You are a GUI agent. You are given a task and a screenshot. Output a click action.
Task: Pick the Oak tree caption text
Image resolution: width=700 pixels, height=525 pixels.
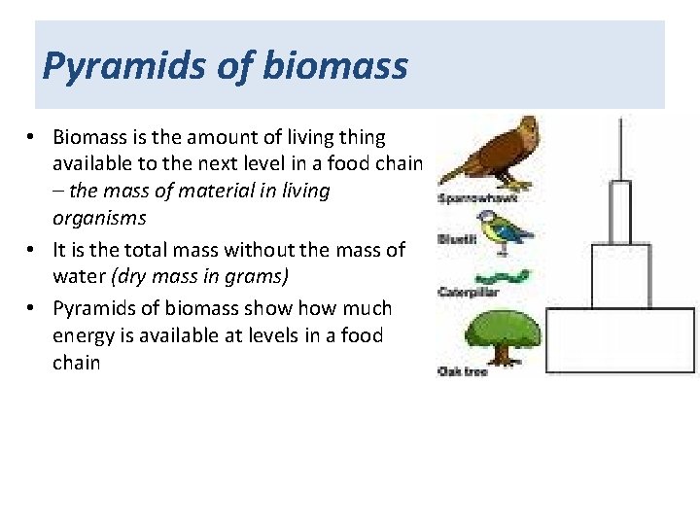(463, 371)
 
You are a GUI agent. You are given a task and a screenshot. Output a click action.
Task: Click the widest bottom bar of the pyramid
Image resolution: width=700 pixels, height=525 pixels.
(620, 340)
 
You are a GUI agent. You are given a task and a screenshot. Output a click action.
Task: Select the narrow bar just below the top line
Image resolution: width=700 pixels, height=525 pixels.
(620, 212)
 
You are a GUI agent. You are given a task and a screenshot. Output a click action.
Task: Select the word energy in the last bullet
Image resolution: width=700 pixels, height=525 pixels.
(83, 335)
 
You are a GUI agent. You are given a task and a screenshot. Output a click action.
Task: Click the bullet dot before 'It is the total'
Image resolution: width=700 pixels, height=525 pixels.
(32, 250)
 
